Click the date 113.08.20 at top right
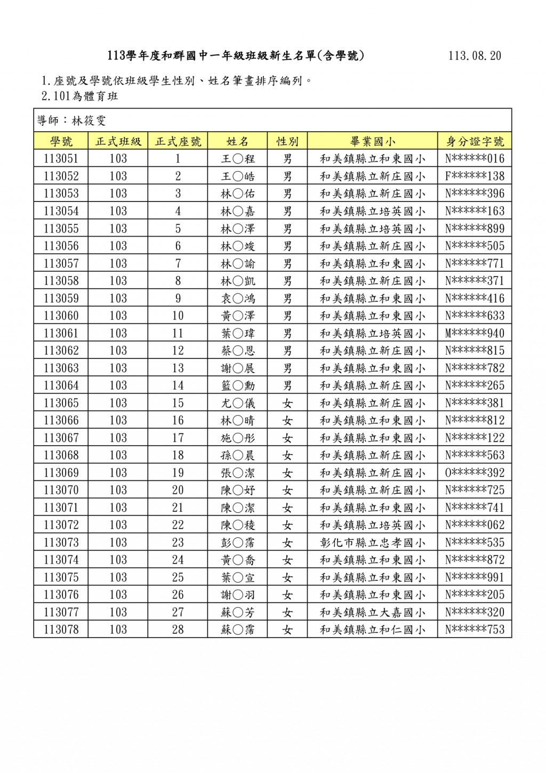[x=475, y=56]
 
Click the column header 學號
[x=61, y=141]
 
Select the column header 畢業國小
[x=372, y=141]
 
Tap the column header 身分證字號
[x=475, y=141]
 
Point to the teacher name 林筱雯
[x=89, y=121]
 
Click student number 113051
[x=61, y=158]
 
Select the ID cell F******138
[x=475, y=176]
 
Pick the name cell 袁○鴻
[x=238, y=299]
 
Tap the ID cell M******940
[x=475, y=333]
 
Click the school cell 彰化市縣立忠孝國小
[x=372, y=543]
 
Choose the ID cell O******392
[x=475, y=473]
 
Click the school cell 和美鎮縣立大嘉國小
[x=372, y=613]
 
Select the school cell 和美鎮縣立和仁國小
[x=372, y=630]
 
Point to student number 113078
[x=61, y=630]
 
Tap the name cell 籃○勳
[x=238, y=385]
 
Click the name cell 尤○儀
[x=238, y=403]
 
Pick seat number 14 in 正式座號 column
[x=178, y=385]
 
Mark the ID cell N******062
[x=475, y=525]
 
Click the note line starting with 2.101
[x=80, y=96]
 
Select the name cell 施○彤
[x=238, y=438]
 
